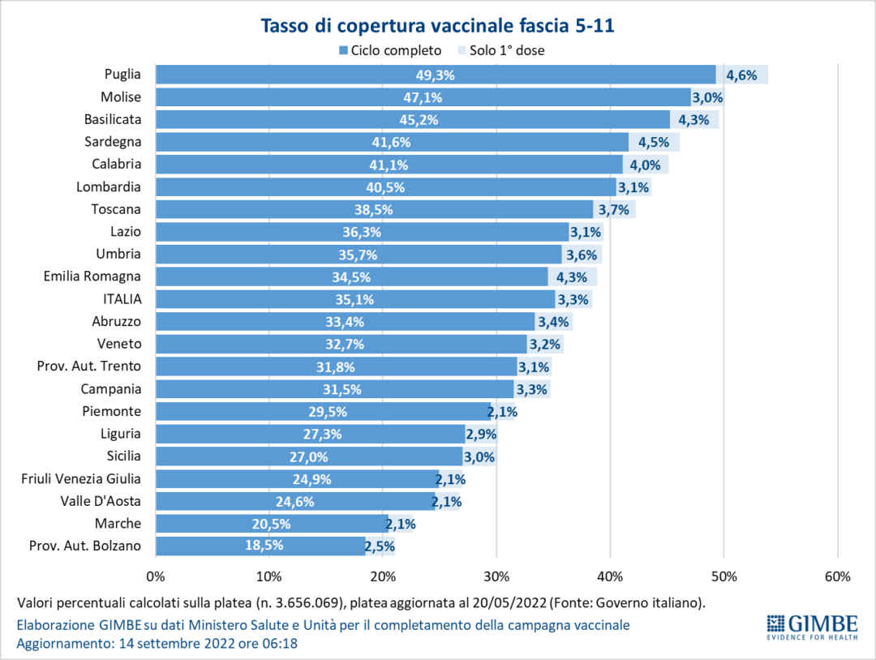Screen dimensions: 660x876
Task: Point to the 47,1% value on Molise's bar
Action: point(423,97)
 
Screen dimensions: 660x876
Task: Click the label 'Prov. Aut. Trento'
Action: point(89,366)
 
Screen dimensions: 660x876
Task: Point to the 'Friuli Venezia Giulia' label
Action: point(81,478)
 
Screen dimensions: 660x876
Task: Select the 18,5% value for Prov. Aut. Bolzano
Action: point(264,546)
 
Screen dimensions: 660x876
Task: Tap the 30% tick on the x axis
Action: point(496,577)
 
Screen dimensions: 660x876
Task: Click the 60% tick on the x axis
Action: point(837,577)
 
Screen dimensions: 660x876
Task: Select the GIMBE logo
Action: point(812,627)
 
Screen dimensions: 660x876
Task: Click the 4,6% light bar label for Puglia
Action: point(741,75)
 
